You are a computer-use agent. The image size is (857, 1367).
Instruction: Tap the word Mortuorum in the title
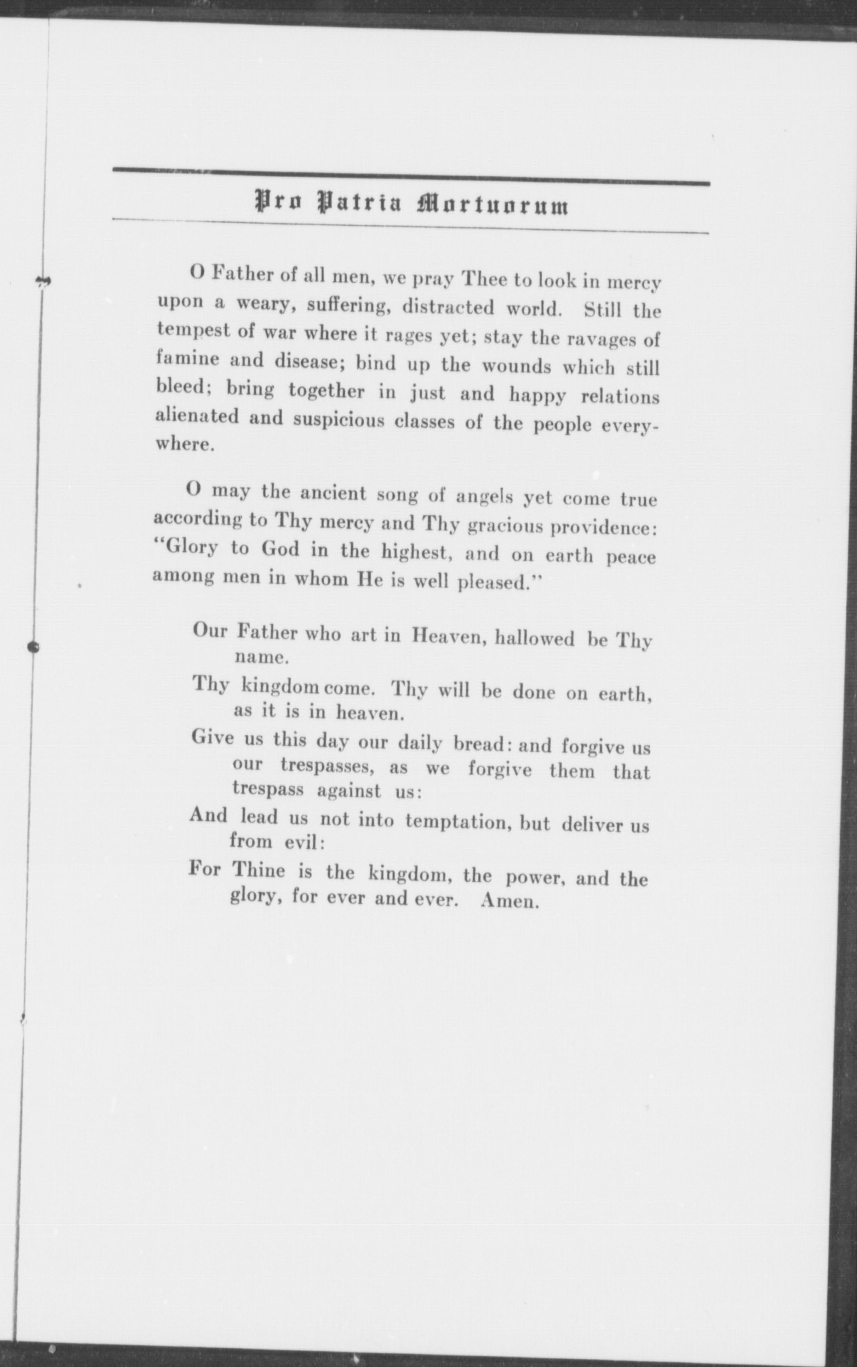click(x=493, y=205)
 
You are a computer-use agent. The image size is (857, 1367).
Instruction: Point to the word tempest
click(x=189, y=332)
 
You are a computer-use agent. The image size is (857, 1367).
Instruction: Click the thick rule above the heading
click(x=411, y=178)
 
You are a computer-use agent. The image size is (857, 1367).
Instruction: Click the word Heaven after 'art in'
click(x=447, y=635)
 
